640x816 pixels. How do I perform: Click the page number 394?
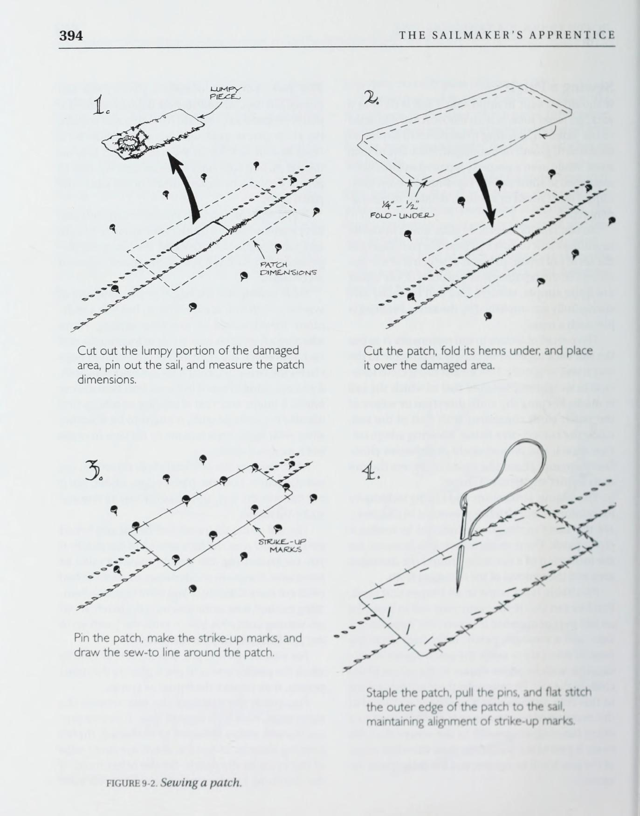click(71, 35)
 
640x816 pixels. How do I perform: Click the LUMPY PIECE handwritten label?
click(225, 93)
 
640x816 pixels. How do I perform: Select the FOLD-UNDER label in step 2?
click(402, 215)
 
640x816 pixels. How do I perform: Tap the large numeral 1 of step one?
click(99, 106)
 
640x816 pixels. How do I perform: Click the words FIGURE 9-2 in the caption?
click(132, 783)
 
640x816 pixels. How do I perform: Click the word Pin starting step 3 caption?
click(83, 638)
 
